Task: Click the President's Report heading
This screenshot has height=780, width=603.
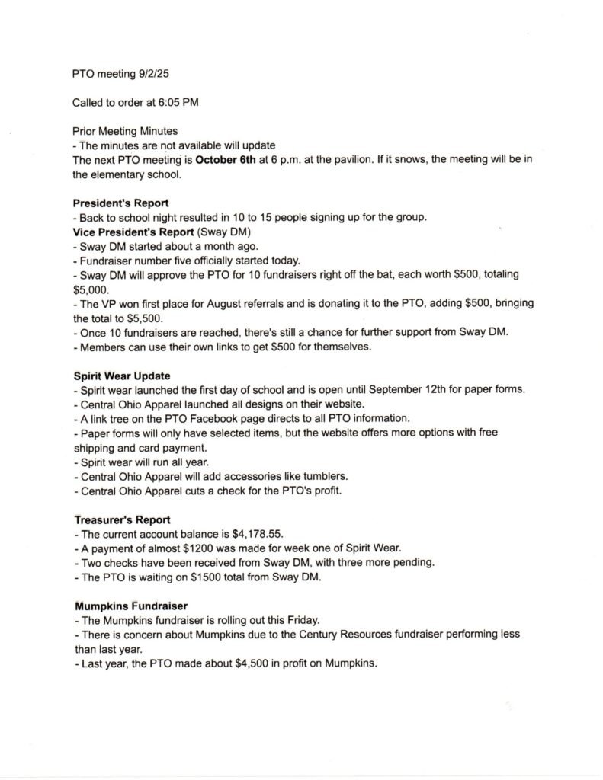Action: coord(120,203)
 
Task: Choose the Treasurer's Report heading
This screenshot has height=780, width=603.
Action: coord(122,519)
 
